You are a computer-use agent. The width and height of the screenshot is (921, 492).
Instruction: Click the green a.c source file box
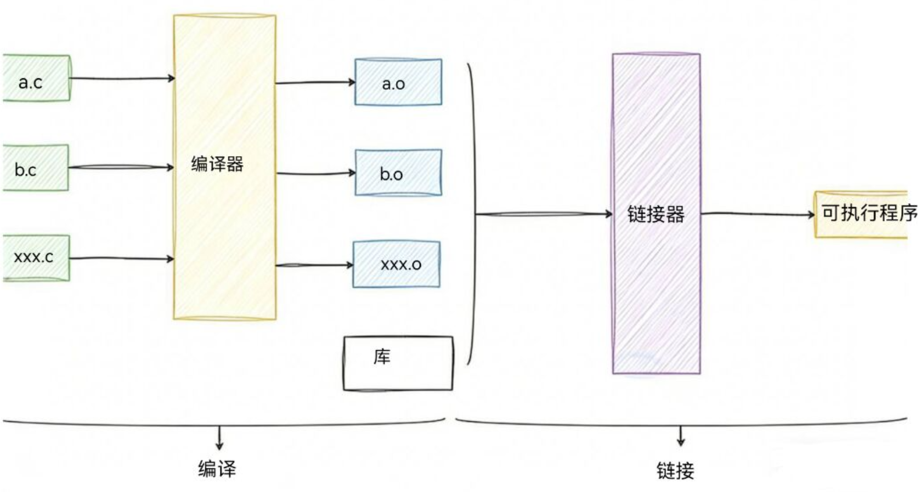36,78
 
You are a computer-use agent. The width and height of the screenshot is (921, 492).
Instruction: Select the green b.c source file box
35,168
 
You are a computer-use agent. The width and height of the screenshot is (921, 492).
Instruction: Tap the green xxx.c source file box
36,258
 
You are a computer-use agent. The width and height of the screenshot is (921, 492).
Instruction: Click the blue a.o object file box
398,82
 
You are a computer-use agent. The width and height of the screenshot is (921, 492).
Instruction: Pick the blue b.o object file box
398,173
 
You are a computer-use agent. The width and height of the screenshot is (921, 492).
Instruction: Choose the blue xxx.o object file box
397,264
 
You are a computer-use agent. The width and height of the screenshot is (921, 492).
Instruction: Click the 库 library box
398,363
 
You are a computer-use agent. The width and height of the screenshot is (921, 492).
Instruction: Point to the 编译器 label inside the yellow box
217,164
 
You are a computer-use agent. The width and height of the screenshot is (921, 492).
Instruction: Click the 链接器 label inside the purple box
656,214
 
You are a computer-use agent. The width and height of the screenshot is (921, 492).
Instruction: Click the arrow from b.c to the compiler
121,167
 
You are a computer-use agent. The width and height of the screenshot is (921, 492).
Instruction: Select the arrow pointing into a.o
315,83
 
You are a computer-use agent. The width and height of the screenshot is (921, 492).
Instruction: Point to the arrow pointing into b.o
315,173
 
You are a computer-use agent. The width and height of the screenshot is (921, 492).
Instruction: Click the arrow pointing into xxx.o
314,265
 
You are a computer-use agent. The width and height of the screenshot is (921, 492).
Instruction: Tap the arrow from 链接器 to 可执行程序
758,214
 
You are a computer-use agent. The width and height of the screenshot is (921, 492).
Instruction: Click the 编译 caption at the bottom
217,469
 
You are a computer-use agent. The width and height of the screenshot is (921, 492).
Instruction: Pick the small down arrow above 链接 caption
681,436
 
